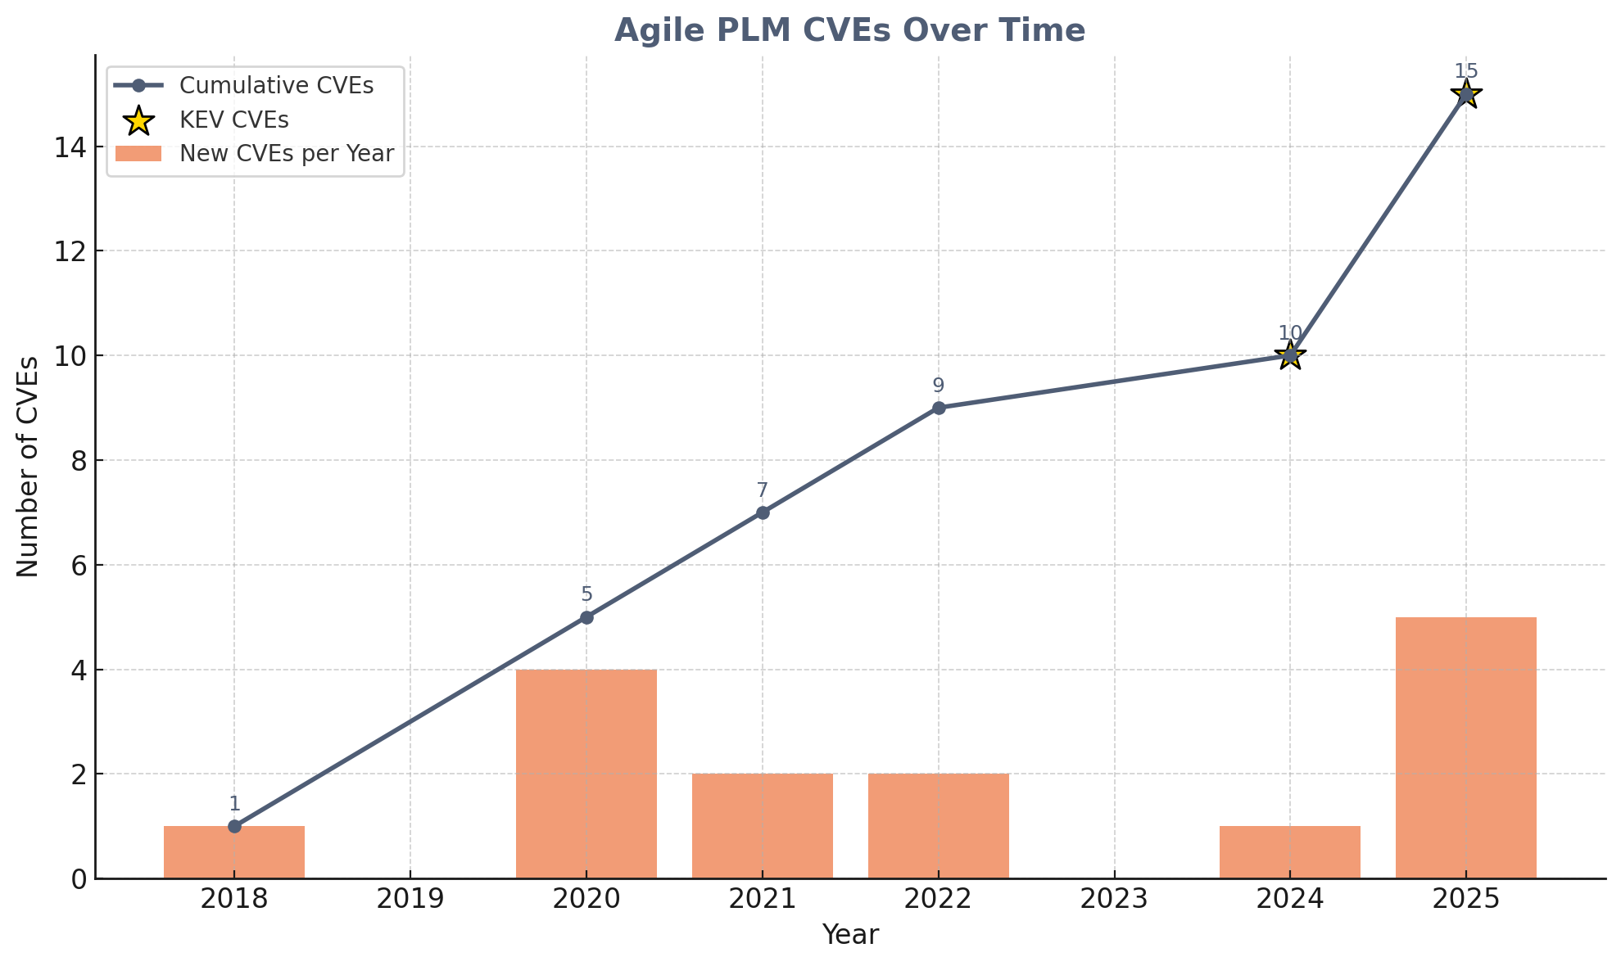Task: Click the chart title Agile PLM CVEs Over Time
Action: click(849, 31)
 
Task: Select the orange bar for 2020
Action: click(586, 774)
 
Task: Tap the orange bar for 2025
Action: click(1465, 747)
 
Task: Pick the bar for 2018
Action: click(234, 852)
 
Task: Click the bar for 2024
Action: click(1289, 852)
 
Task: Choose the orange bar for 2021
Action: click(762, 825)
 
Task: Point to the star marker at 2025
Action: click(1465, 94)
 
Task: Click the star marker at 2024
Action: click(1289, 355)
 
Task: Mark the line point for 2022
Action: click(938, 408)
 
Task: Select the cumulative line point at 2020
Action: click(586, 617)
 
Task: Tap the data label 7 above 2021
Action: click(762, 490)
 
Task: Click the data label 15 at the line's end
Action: click(1465, 71)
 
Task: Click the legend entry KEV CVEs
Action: click(233, 120)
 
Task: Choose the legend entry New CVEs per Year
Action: click(287, 154)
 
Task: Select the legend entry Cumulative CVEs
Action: click(276, 86)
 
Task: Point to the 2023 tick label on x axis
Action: click(1113, 900)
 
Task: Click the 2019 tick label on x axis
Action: click(410, 900)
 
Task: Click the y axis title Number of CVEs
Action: click(29, 467)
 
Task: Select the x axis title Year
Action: click(849, 935)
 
